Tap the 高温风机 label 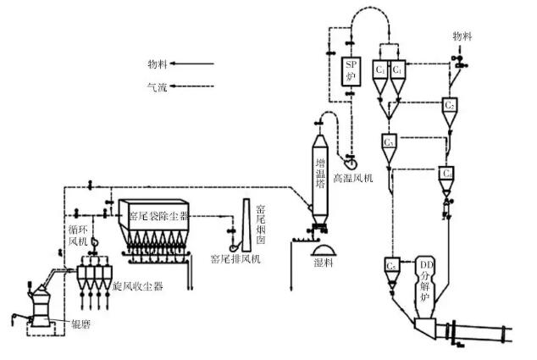353,180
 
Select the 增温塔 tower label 320,174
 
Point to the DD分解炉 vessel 430,283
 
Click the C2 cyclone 451,108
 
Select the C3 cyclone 390,142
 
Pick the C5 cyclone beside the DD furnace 392,266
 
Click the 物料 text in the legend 158,62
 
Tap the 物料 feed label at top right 462,36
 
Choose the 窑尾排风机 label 235,258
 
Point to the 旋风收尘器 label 137,287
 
